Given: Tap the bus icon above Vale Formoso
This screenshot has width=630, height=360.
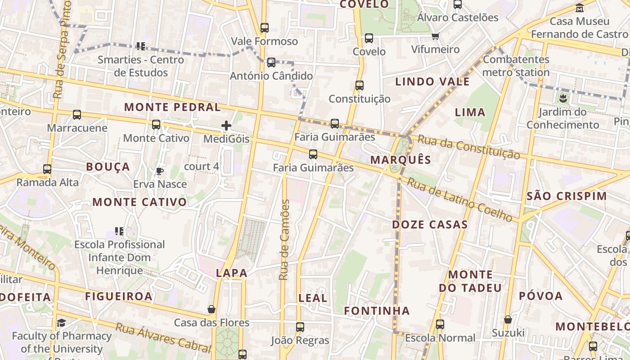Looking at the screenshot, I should point(265,28).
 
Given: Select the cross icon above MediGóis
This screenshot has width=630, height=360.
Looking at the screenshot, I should point(226,126).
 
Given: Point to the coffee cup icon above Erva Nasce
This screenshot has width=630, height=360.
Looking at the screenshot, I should point(159,171).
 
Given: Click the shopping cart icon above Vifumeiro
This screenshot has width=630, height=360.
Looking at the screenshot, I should point(435,36).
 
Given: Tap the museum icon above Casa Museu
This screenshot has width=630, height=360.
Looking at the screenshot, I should point(580,8).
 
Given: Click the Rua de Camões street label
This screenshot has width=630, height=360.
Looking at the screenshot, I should point(284,240).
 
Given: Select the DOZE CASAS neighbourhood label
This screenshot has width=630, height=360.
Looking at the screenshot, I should point(430,225).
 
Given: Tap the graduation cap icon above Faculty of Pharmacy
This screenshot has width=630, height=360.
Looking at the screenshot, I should point(61,323).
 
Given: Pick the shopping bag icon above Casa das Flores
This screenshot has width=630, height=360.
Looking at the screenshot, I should point(211,310).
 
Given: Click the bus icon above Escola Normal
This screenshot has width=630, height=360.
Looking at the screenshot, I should point(440,324).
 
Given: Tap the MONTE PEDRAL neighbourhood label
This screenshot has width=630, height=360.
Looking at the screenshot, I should point(172,107).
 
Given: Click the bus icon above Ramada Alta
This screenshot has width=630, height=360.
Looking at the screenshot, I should point(47,169).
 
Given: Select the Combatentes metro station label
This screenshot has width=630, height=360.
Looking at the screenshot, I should point(516,66).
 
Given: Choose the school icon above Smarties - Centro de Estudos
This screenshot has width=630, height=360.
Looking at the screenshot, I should point(141,46).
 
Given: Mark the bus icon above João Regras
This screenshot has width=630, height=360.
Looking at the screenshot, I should point(300,327).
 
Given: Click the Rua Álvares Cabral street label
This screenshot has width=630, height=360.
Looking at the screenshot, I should point(163,337).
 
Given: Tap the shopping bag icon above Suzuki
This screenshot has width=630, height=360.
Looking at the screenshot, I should point(508,319).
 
